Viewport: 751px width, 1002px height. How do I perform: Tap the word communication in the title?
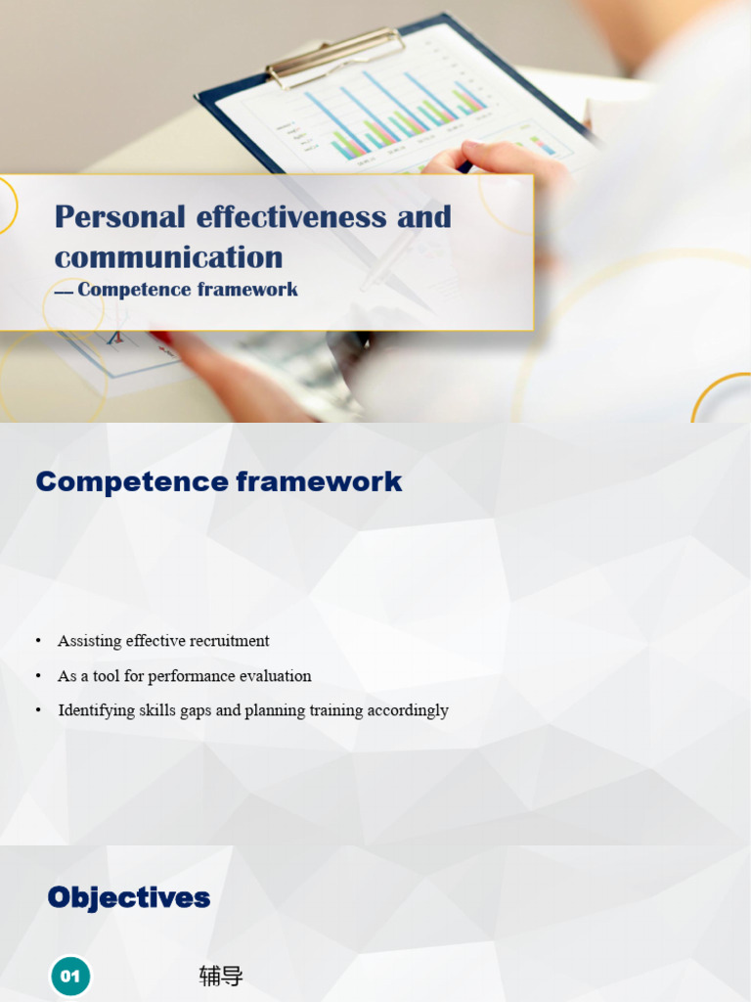[168, 257]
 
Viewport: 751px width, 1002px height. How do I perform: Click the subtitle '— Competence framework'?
[176, 290]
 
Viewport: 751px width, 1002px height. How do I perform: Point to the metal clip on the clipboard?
[335, 57]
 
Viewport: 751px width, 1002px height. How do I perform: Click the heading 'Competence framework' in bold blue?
[219, 481]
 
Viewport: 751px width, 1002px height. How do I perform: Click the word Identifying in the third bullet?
[94, 710]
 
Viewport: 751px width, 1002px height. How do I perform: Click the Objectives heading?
[129, 897]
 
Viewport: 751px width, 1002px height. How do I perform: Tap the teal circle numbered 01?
[70, 976]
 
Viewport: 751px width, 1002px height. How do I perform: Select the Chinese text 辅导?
[221, 976]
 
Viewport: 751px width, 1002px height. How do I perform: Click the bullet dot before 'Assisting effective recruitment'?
[38, 641]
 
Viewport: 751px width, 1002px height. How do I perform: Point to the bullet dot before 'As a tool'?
[38, 676]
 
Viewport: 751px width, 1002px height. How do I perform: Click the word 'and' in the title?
[424, 216]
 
